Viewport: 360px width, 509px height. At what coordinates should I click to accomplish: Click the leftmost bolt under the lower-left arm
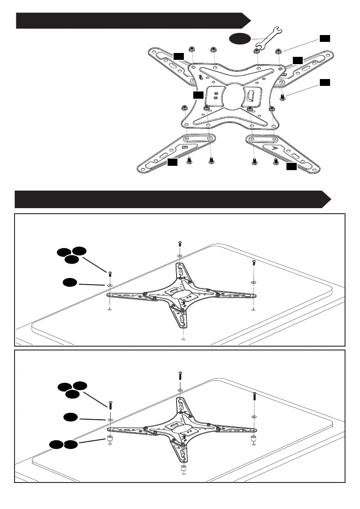pyautogui.click(x=190, y=161)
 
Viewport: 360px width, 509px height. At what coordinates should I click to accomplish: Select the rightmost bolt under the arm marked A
pyautogui.click(x=275, y=161)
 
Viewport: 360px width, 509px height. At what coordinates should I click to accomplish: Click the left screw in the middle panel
pyautogui.click(x=110, y=273)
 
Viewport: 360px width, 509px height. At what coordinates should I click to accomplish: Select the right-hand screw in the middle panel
pyautogui.click(x=254, y=263)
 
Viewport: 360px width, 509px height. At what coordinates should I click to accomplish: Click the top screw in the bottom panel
pyautogui.click(x=180, y=376)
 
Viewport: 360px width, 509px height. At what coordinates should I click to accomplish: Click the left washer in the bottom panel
pyautogui.click(x=110, y=420)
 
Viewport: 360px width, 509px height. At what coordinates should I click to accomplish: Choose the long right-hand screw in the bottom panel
pyautogui.click(x=254, y=396)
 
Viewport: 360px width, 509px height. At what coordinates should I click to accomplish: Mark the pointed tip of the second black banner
pyautogui.click(x=331, y=200)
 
